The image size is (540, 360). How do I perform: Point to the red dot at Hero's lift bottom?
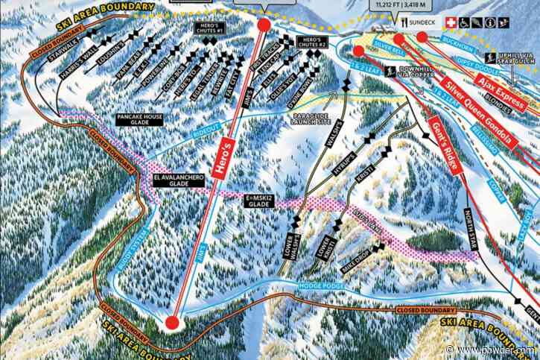(x=172, y=323)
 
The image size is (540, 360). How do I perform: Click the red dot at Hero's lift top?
(x=264, y=25)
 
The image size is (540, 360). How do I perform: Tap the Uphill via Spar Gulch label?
(x=513, y=58)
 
